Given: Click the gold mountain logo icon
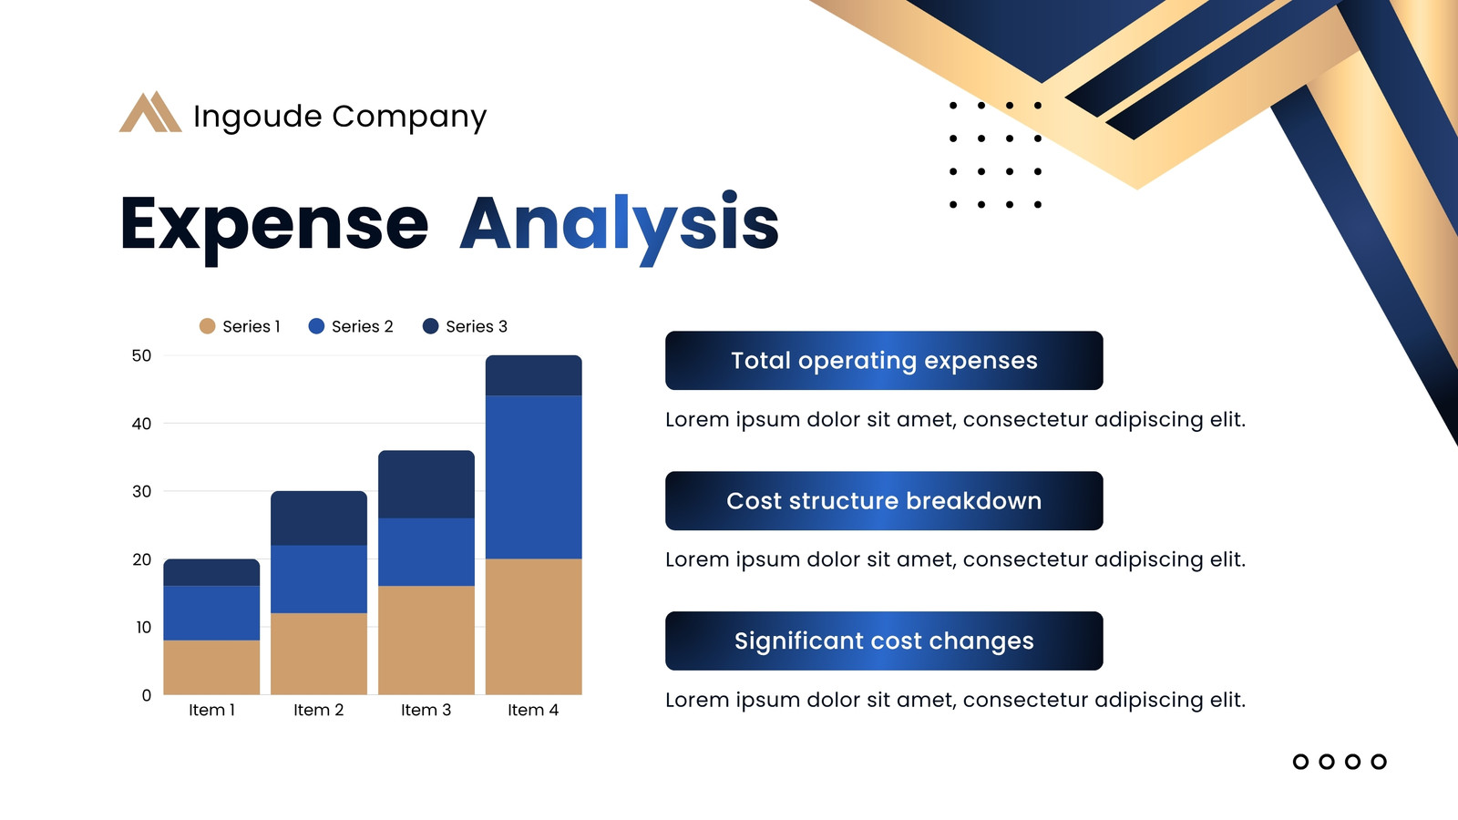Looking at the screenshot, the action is tap(150, 112).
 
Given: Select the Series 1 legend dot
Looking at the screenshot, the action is tap(207, 326).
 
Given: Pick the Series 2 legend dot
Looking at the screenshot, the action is tap(316, 326).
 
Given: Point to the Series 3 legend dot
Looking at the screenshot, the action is tap(430, 326).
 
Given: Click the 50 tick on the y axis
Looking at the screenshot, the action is tap(141, 356).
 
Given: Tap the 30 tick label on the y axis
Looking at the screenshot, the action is tap(141, 491).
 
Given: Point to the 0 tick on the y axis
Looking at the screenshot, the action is tap(147, 695).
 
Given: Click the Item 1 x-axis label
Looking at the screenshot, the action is tap(211, 710).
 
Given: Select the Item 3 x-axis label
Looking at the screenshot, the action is tap(426, 710).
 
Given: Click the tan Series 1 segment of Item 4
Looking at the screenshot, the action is tap(534, 627).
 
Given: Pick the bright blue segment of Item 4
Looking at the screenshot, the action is tap(534, 477).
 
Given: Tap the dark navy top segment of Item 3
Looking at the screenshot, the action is tap(426, 484).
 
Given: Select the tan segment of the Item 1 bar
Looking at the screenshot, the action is tap(211, 667).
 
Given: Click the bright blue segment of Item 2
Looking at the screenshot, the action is tap(319, 579).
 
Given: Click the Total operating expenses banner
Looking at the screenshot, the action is tap(884, 361).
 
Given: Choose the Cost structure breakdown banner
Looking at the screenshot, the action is tap(884, 500).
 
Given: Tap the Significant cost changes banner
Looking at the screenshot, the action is tap(884, 641).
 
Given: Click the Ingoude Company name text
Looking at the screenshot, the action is tap(340, 118).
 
